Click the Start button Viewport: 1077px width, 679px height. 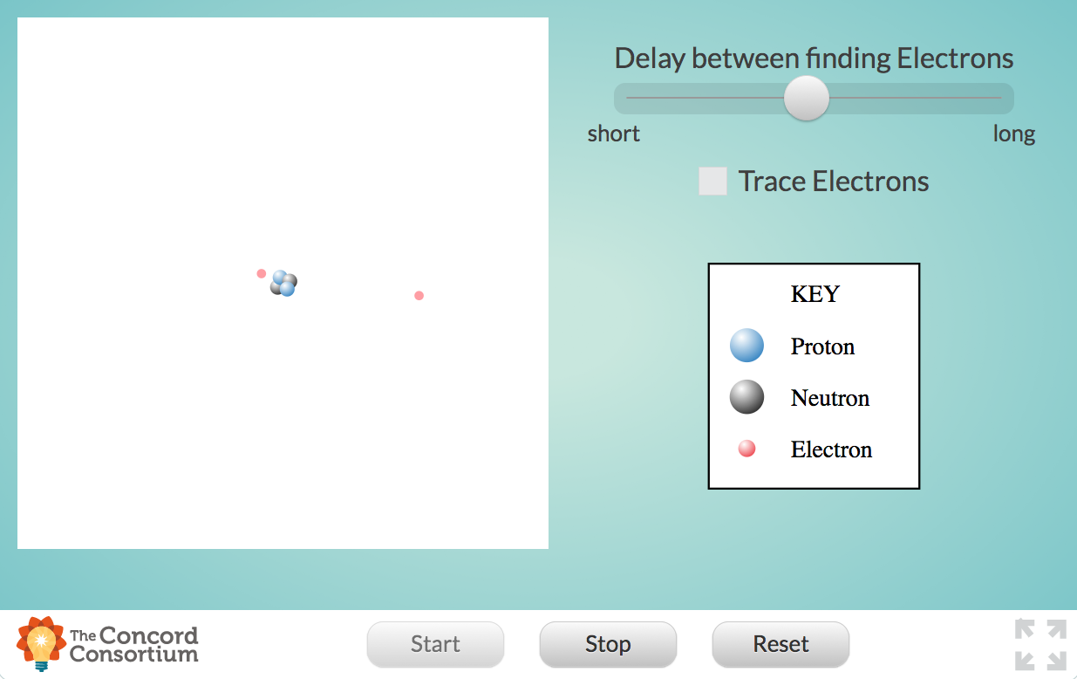tap(435, 644)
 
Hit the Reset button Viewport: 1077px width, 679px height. tap(780, 644)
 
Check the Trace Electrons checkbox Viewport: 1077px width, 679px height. tap(712, 182)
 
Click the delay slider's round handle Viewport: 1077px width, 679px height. tap(807, 98)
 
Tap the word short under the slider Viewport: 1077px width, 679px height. tap(614, 134)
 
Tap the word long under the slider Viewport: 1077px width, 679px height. tap(1014, 134)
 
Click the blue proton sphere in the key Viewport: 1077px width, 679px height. tap(746, 346)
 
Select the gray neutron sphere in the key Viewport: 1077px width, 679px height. tap(746, 397)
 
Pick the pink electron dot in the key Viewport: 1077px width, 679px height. tap(746, 449)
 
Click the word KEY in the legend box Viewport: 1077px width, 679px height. tap(815, 294)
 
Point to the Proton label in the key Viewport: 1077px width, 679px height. tap(822, 346)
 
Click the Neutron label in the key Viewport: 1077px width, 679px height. tap(829, 398)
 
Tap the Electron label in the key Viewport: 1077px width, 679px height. tap(831, 449)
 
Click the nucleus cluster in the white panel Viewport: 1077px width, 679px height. tap(283, 283)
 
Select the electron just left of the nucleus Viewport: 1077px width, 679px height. tap(261, 273)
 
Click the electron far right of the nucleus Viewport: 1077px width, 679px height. tap(419, 296)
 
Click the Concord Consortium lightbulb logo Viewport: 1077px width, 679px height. tap(40, 643)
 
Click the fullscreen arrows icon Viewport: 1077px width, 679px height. tap(1040, 644)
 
